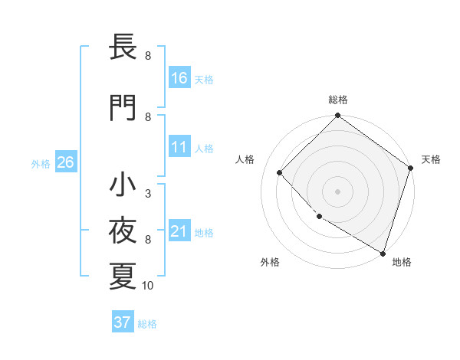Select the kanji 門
(x=123, y=108)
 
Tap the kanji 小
(x=123, y=185)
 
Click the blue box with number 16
(x=179, y=77)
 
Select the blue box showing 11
(x=179, y=147)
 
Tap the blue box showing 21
(x=179, y=231)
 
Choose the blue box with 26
(x=65, y=162)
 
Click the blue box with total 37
(x=123, y=322)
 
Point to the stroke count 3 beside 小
(x=148, y=194)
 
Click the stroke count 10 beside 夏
(x=148, y=286)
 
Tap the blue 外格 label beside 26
(x=41, y=163)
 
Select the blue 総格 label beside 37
(x=147, y=323)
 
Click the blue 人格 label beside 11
(x=204, y=148)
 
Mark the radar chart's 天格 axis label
(x=431, y=159)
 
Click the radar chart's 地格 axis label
(x=402, y=262)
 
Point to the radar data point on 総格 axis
(x=337, y=116)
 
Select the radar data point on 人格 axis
(x=280, y=172)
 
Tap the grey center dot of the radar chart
(x=337, y=191)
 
